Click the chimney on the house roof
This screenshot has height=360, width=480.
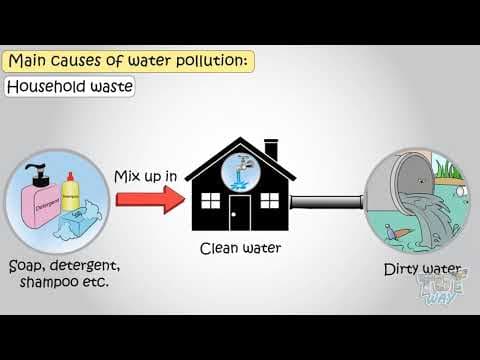270,150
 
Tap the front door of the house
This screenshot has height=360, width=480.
240,211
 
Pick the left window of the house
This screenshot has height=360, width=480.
211,199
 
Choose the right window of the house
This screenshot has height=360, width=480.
269,199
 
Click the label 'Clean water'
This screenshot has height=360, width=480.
239,247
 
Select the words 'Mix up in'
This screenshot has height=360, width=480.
146,177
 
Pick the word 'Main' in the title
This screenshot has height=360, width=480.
32,61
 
